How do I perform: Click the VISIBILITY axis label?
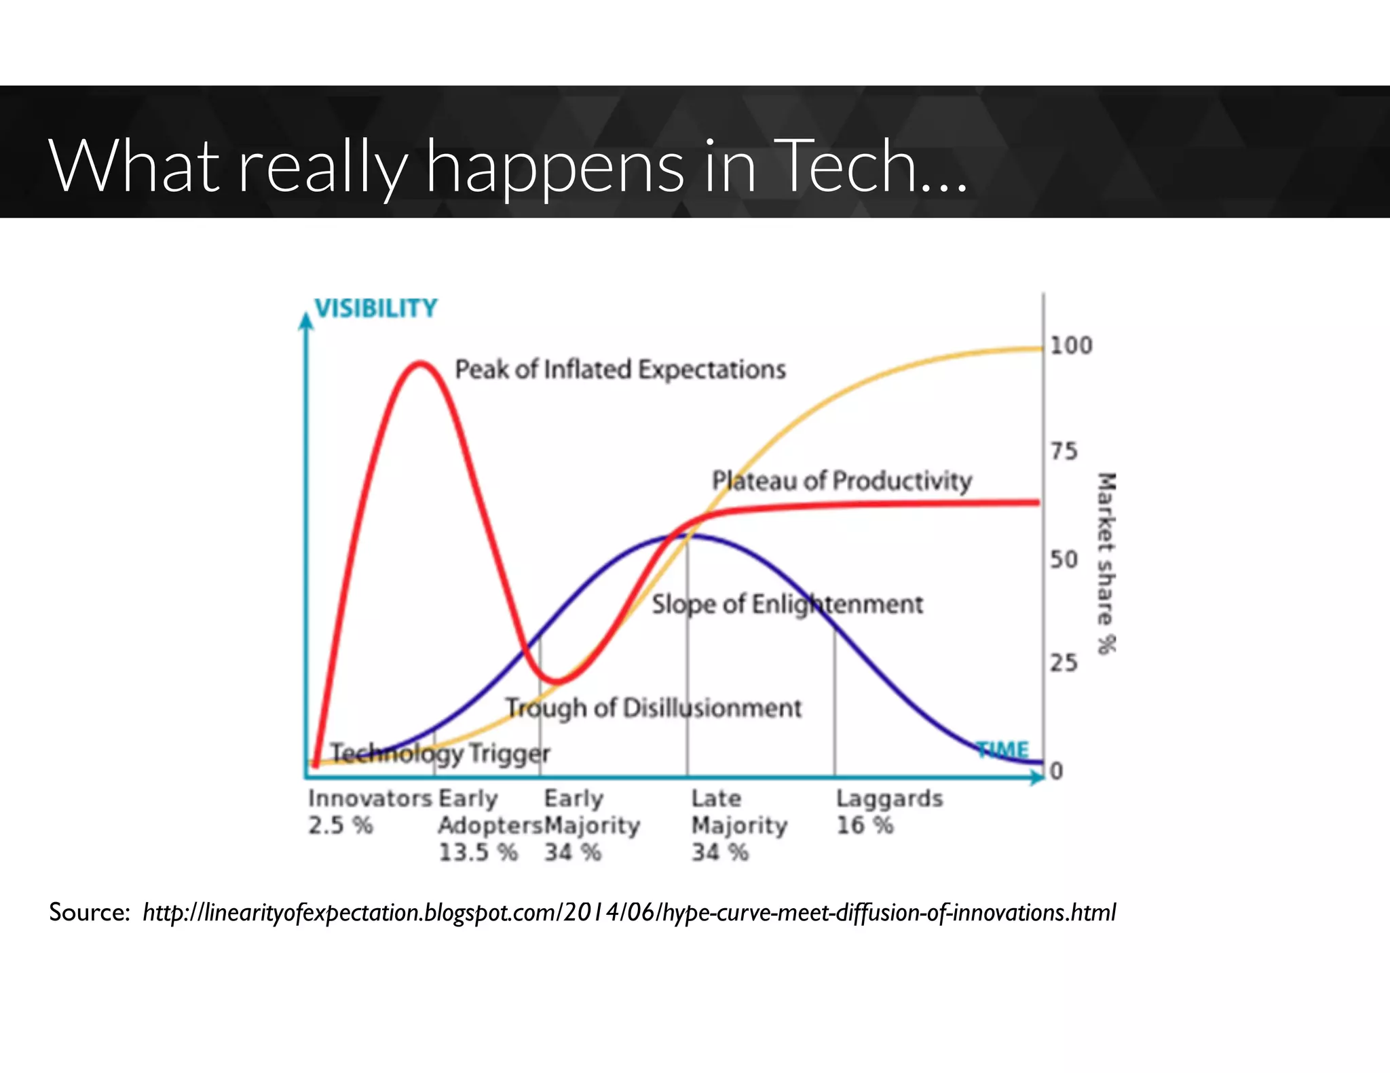(376, 309)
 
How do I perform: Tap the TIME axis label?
(1002, 749)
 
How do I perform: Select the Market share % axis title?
(1106, 563)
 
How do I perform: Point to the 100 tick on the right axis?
(1071, 346)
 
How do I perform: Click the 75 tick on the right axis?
(1064, 451)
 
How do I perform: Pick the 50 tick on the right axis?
(1064, 560)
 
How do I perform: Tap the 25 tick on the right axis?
(1064, 663)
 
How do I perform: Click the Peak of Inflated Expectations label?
(620, 370)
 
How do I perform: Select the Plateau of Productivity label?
(842, 481)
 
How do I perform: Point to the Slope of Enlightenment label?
(787, 604)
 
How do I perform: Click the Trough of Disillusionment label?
(654, 708)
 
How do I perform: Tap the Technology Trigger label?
(440, 753)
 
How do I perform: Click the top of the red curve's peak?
(420, 364)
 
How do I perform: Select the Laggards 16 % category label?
(889, 812)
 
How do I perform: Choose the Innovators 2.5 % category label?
(369, 812)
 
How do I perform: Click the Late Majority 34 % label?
(738, 825)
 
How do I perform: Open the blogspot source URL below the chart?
(628, 912)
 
